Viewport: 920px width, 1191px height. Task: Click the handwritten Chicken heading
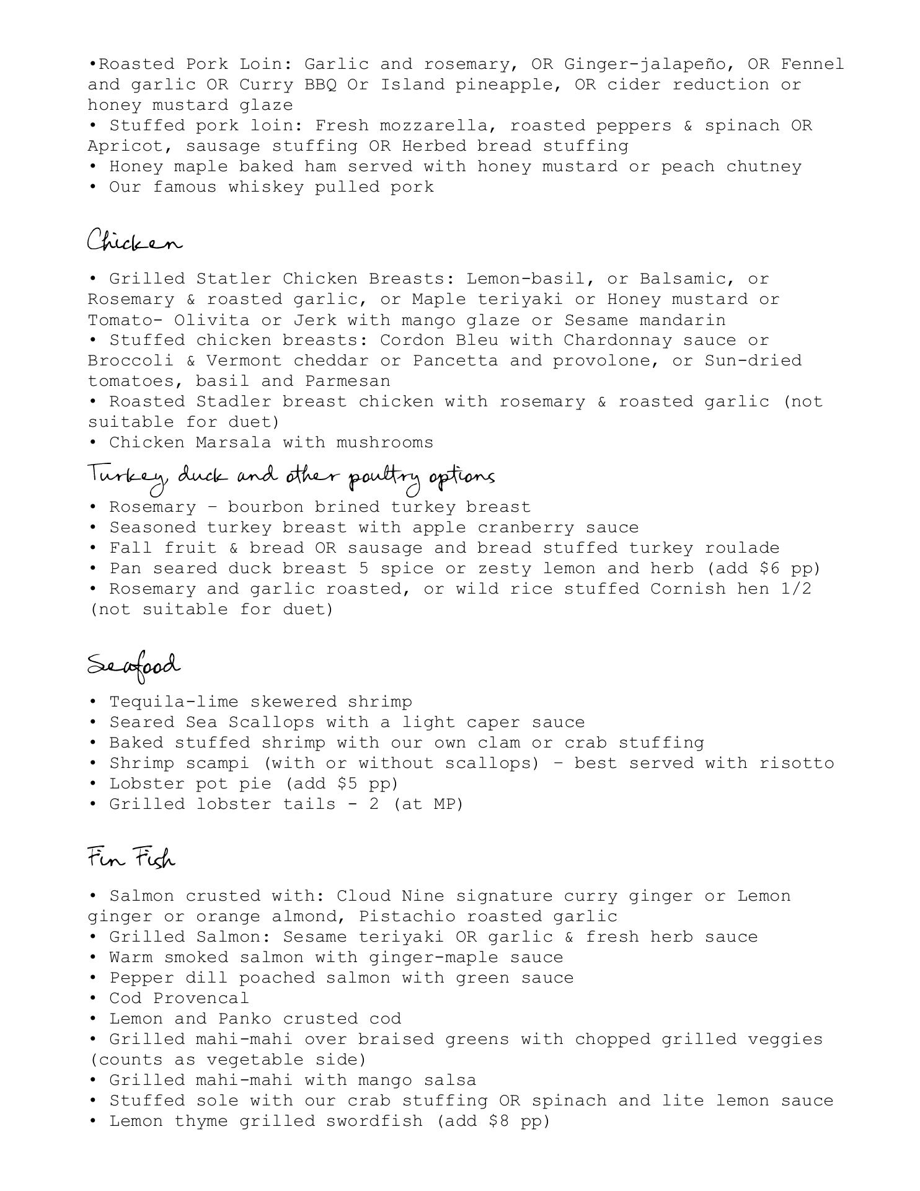135,241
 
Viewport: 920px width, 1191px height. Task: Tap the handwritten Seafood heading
134,666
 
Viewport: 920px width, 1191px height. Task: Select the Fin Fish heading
131,859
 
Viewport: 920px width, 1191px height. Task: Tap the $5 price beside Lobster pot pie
347,784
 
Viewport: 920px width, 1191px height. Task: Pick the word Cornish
688,589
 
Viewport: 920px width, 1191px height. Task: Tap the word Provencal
201,999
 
